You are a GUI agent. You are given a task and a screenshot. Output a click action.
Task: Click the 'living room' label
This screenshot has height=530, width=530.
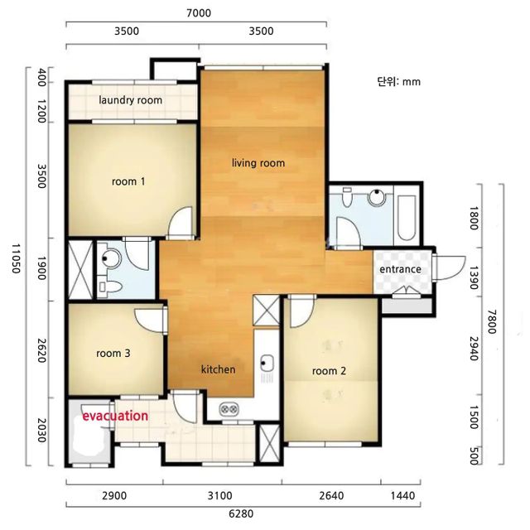[258, 163]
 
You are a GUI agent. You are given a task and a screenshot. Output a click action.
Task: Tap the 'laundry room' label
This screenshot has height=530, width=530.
[131, 100]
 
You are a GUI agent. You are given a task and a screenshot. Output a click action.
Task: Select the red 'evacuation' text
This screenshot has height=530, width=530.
[115, 416]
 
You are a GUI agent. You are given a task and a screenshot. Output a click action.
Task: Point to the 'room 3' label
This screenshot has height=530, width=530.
[113, 354]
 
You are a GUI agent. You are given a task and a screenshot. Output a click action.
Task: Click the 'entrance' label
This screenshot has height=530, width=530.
[400, 269]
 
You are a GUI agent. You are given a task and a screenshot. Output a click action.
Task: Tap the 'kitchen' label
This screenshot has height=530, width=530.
[219, 369]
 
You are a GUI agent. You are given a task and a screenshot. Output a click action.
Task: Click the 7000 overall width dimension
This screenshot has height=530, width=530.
[199, 13]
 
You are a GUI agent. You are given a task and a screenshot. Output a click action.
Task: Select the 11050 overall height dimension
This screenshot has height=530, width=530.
[17, 258]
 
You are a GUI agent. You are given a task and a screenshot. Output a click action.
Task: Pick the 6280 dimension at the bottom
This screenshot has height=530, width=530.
[241, 513]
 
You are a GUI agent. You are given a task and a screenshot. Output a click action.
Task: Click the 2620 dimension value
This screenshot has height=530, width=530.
[41, 350]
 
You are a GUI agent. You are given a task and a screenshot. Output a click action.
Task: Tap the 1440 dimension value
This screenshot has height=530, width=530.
[402, 496]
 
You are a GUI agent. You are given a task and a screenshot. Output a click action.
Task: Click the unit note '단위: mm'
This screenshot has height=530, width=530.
[399, 81]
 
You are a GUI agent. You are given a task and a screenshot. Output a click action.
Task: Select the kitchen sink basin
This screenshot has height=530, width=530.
[267, 363]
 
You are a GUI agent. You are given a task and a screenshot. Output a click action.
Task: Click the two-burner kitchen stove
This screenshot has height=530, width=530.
[229, 410]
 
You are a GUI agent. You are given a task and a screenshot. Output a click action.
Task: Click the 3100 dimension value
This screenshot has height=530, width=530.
[219, 496]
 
